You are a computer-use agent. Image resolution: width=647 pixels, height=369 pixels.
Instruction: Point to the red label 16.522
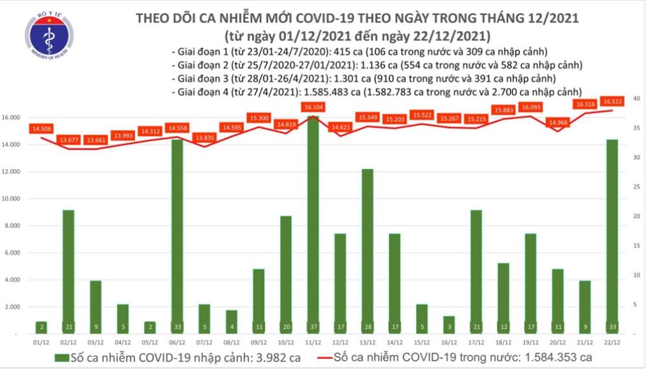[612, 102]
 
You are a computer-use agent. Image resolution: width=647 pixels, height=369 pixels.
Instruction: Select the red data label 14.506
[40, 129]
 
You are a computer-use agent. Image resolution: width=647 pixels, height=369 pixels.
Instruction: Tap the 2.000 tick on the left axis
[14, 307]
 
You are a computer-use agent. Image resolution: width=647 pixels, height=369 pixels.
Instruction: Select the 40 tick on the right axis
[637, 98]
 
